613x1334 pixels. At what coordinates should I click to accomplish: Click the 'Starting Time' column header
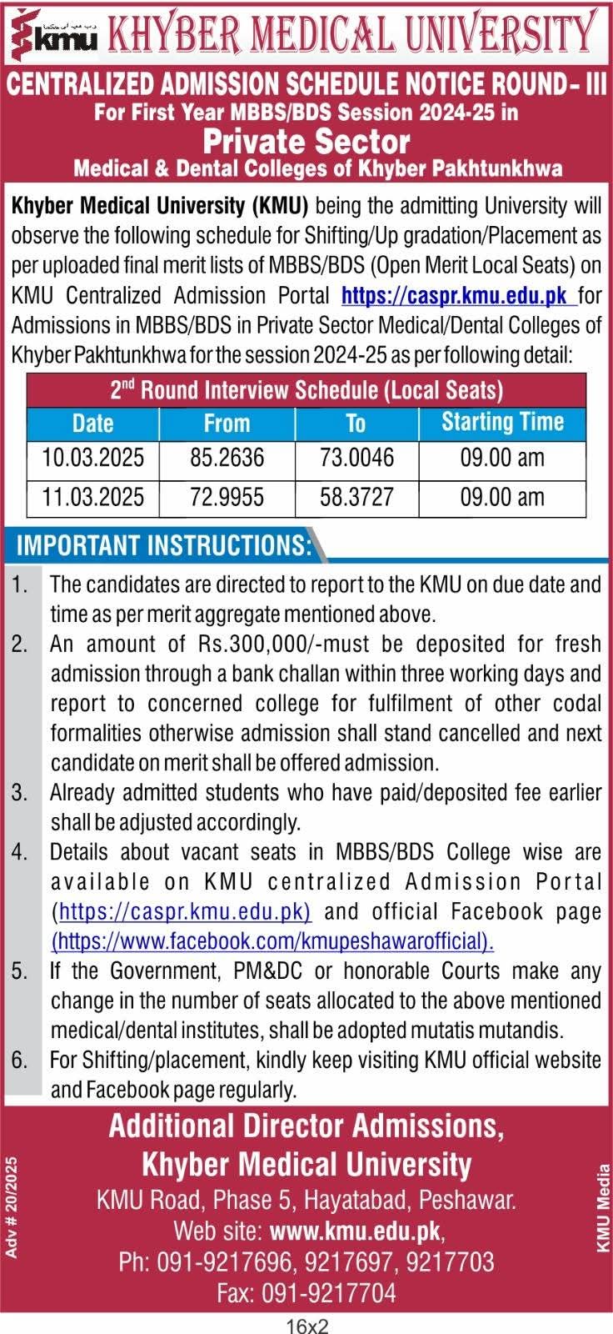click(x=501, y=422)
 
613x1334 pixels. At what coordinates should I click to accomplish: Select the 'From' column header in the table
click(x=227, y=424)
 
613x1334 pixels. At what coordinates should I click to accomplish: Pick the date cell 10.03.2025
click(x=92, y=458)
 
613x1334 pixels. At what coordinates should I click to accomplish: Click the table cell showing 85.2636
click(x=227, y=458)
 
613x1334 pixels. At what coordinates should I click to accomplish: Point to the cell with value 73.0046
click(x=356, y=458)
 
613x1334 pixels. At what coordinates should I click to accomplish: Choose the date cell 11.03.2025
click(x=92, y=497)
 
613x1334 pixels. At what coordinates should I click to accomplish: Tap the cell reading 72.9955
click(x=227, y=497)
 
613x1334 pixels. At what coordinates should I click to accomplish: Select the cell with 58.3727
click(x=356, y=497)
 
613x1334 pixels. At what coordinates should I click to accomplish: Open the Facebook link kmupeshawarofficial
click(x=272, y=940)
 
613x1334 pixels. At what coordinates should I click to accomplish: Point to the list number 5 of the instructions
click(x=19, y=970)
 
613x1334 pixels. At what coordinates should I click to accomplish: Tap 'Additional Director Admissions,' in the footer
click(x=306, y=1126)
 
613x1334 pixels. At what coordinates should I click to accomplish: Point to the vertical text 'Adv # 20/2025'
click(x=11, y=1208)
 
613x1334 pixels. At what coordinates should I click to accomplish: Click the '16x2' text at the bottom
click(x=306, y=1325)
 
